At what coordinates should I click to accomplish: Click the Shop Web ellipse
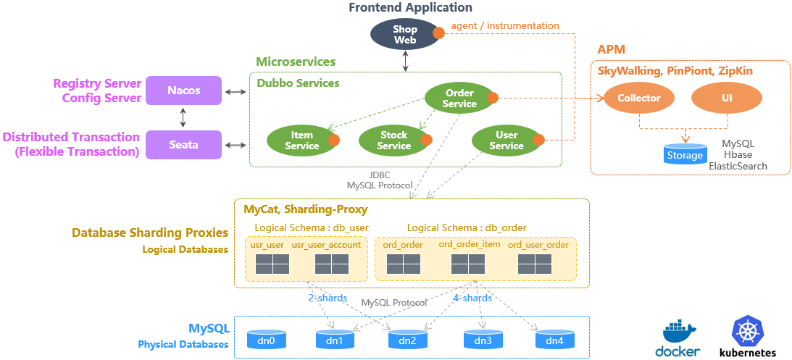click(x=404, y=35)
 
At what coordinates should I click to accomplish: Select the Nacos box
click(x=183, y=91)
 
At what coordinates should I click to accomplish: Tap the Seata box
click(x=183, y=145)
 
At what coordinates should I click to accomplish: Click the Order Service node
click(x=459, y=99)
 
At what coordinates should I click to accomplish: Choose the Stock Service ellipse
click(x=393, y=141)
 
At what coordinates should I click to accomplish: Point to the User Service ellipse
click(x=506, y=141)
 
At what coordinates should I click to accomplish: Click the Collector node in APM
click(x=638, y=98)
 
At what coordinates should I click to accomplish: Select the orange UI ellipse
click(x=726, y=98)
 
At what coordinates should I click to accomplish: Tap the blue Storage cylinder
click(x=685, y=154)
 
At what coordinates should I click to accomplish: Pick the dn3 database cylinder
click(x=483, y=339)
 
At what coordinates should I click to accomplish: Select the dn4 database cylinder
click(x=554, y=339)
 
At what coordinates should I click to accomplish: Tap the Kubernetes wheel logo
click(x=747, y=330)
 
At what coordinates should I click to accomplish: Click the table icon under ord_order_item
click(x=468, y=264)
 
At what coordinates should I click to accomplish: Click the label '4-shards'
click(x=472, y=298)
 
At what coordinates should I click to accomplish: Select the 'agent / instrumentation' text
click(x=505, y=26)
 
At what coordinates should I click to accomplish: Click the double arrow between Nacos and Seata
click(x=183, y=117)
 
